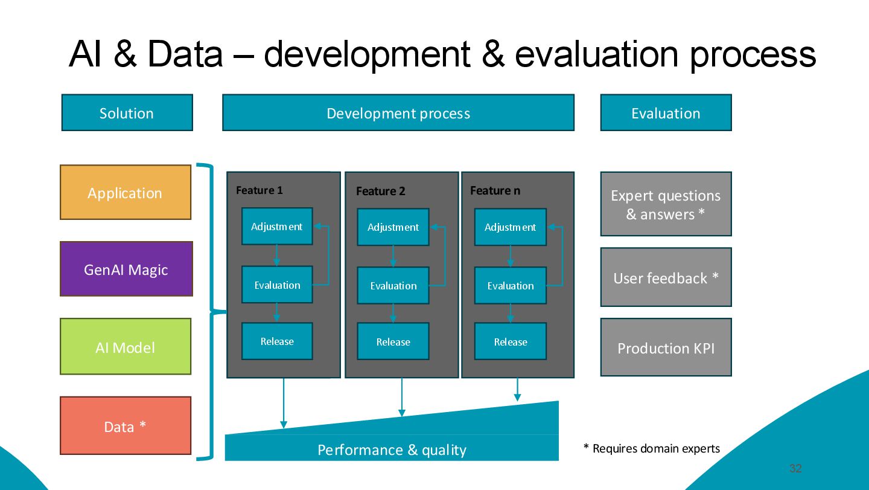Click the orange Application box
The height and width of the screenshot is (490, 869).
tap(126, 193)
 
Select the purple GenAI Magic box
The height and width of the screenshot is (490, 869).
tap(126, 269)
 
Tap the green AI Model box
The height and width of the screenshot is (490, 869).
tap(126, 347)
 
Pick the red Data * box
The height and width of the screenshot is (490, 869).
tap(126, 426)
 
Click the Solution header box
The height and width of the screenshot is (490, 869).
tap(127, 113)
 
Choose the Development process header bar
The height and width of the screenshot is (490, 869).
tap(398, 113)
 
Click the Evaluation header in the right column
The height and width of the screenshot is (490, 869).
tap(666, 113)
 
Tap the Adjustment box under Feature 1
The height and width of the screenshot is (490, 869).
tap(277, 227)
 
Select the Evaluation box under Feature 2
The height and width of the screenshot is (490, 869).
tap(393, 286)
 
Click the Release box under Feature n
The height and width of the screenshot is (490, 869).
tap(511, 342)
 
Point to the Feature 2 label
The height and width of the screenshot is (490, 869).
tap(381, 192)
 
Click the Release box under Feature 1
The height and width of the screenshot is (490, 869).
tap(277, 341)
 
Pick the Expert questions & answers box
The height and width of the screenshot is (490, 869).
tap(666, 204)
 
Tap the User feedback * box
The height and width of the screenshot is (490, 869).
tap(666, 278)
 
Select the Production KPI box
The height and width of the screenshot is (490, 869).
tap(666, 348)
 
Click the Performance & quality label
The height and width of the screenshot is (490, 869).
tap(392, 450)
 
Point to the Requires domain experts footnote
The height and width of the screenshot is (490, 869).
tap(652, 449)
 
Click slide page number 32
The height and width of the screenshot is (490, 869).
tap(795, 469)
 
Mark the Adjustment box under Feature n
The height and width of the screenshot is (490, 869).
tap(511, 227)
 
